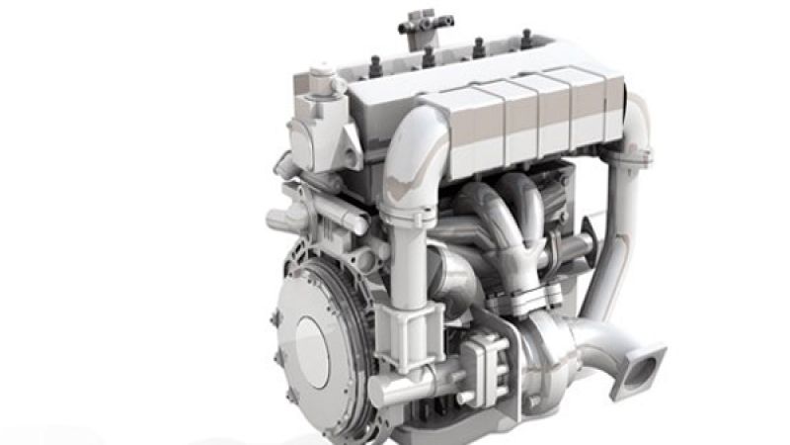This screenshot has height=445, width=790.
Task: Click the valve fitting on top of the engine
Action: click(x=419, y=23)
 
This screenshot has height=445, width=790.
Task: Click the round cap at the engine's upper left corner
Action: click(x=321, y=75)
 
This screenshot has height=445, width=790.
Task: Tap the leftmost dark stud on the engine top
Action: click(x=375, y=65)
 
